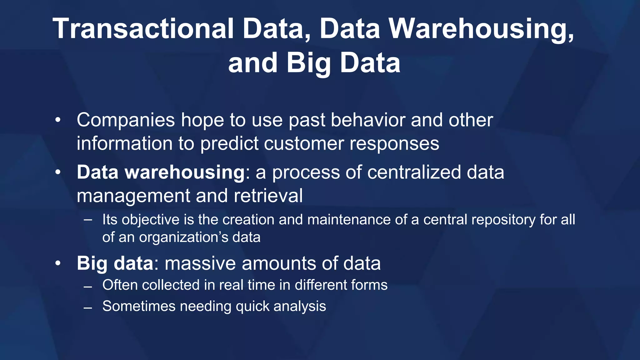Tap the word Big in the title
tap(309, 63)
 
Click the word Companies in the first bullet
tap(126, 120)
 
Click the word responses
tap(394, 144)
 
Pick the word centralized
tap(414, 172)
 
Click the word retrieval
tap(268, 196)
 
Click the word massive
tap(200, 263)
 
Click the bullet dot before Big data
tap(57, 263)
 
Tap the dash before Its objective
tap(88, 220)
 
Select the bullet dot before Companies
tap(57, 120)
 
